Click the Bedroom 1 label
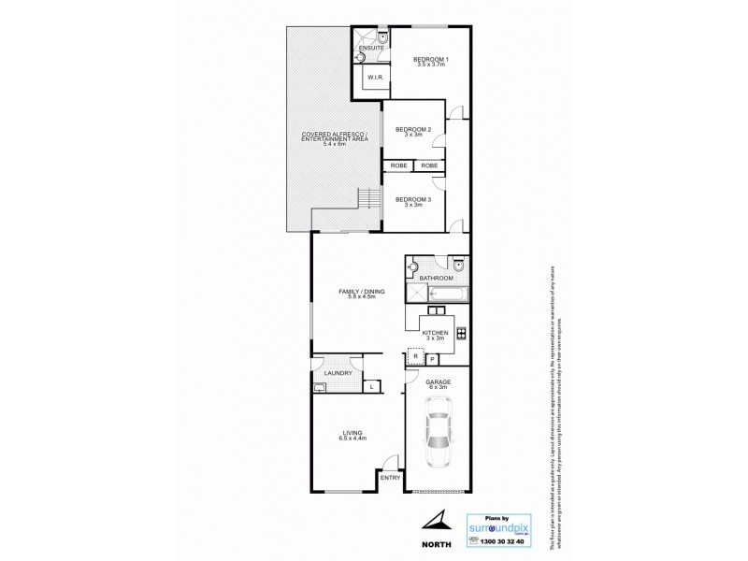[x=431, y=61]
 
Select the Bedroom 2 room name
[x=412, y=129]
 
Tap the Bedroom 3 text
[x=412, y=199]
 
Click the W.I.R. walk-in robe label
[x=371, y=78]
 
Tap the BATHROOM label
[x=436, y=278]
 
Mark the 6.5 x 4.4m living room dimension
[x=352, y=438]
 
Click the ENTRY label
[x=391, y=479]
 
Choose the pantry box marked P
[x=432, y=359]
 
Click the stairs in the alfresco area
[x=370, y=199]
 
